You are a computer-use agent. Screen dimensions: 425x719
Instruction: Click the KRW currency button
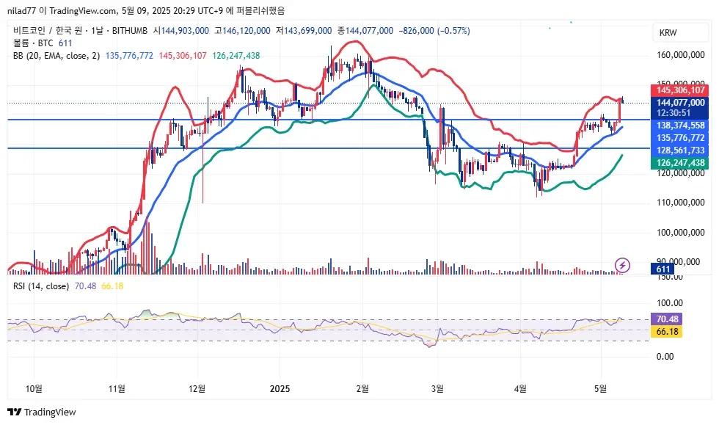click(668, 33)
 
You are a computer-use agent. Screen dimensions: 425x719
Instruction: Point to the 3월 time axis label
click(438, 387)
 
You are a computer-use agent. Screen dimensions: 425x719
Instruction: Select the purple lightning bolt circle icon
click(623, 264)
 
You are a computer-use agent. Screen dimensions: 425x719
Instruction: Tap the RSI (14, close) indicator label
click(41, 286)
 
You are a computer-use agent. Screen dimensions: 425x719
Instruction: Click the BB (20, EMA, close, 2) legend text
click(56, 55)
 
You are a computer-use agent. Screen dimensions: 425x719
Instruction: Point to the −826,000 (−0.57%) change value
click(434, 31)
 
